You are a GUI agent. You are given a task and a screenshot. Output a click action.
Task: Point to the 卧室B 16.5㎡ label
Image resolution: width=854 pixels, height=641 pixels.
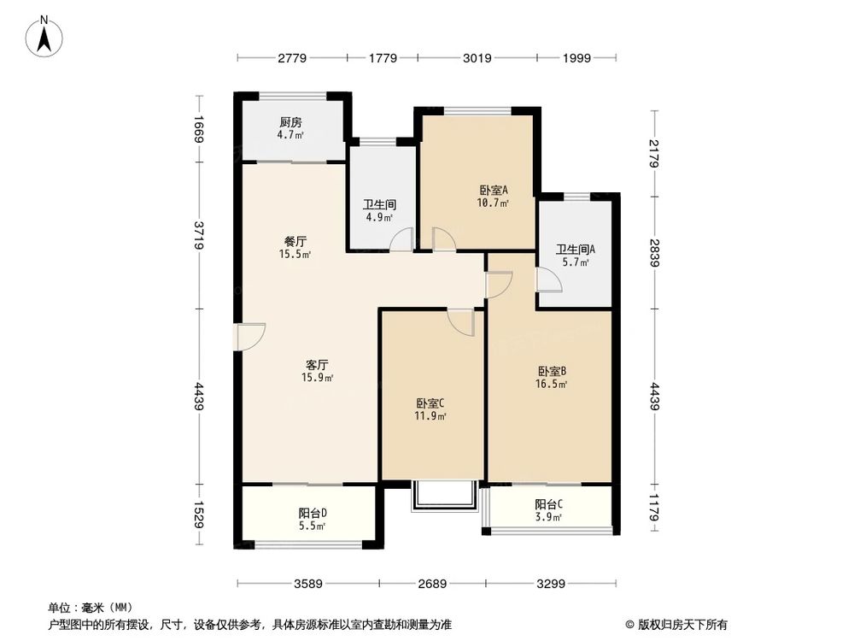tap(553, 377)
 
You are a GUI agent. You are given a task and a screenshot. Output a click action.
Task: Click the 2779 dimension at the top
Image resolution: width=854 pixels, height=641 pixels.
tap(291, 59)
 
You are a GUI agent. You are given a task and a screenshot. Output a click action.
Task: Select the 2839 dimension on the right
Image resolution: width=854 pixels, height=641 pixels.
tap(654, 253)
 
